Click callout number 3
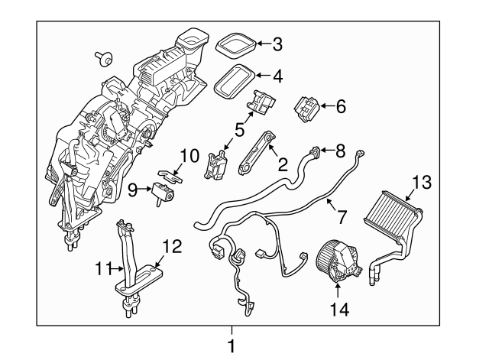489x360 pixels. pyautogui.click(x=277, y=44)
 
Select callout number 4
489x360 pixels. pyautogui.click(x=277, y=76)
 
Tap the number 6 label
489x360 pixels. pyautogui.click(x=340, y=107)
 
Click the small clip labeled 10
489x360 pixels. pyautogui.click(x=173, y=174)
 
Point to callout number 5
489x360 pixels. pyautogui.click(x=239, y=131)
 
